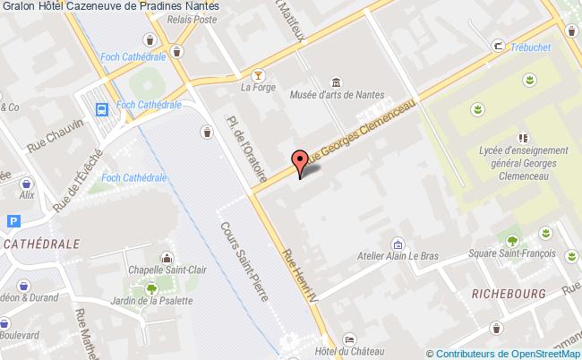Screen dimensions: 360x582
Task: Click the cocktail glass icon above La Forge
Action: pyautogui.click(x=258, y=73)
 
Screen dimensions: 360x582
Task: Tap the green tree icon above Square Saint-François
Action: pyautogui.click(x=511, y=240)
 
